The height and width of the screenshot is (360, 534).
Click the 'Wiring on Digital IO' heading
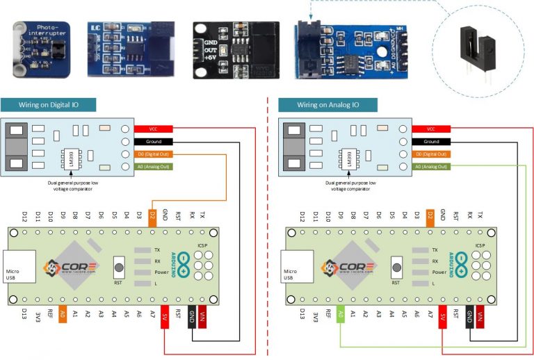pos(48,105)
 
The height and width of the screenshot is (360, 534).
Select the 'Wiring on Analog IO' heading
pos(327,105)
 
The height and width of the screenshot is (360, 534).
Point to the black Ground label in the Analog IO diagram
pos(431,141)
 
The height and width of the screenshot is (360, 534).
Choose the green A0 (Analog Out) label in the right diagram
pos(431,167)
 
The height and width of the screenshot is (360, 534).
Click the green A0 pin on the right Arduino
pos(341,314)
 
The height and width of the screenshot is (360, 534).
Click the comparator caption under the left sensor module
pos(69,183)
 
